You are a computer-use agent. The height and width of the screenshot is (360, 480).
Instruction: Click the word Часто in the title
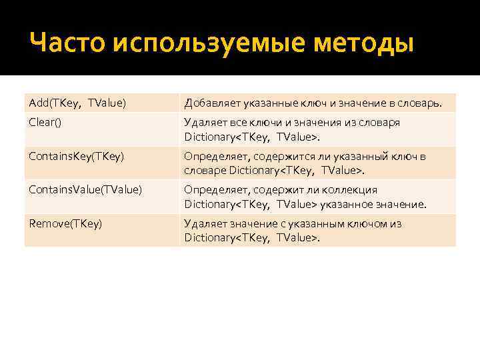coord(67,44)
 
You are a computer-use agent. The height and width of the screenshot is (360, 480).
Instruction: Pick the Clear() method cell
coord(44,122)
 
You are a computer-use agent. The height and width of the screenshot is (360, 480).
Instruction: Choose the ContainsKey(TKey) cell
coord(77,156)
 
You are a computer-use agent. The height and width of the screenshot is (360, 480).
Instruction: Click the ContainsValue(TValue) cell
coord(85,189)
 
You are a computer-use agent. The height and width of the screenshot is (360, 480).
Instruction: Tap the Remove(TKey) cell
coord(65,223)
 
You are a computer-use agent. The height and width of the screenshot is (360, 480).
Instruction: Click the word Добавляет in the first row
coord(209,103)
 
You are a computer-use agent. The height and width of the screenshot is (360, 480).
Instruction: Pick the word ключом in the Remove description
coord(363,224)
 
